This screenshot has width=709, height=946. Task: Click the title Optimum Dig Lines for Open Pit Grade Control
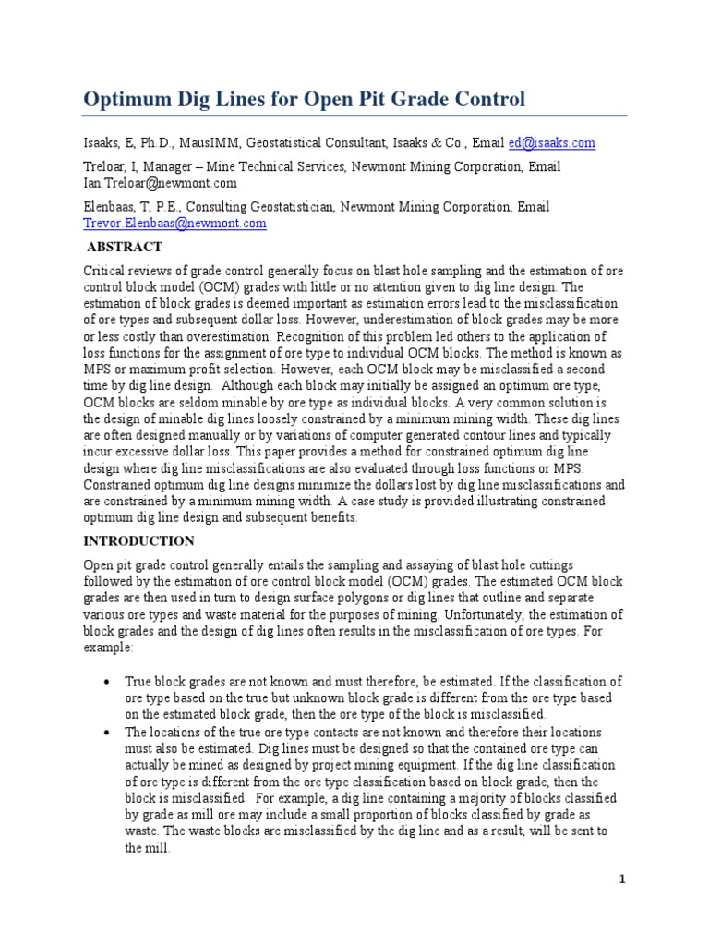coord(305,100)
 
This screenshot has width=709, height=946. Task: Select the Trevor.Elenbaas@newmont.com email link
coord(174,223)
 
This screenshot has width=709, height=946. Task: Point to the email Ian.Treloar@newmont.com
coord(153,183)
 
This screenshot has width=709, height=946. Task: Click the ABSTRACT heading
coord(124,247)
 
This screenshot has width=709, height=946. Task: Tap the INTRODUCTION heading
coord(138,540)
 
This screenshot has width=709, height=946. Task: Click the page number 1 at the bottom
coord(622,879)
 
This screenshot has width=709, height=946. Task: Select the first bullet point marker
coord(108,682)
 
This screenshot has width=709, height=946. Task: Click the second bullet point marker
coord(108,732)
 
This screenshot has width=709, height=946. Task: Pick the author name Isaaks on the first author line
coord(102,143)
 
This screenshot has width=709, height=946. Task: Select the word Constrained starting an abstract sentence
coord(117,486)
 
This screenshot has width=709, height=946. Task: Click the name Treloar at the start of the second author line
coord(104,167)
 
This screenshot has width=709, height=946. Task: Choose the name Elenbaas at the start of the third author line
coord(111,208)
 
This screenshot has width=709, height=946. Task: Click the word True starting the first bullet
coord(139,682)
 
